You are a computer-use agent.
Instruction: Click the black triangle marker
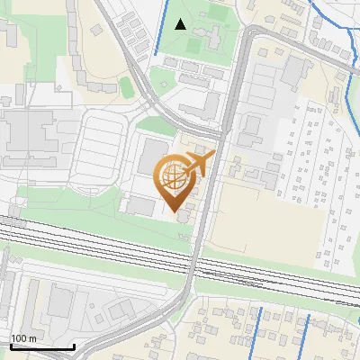pos(181,24)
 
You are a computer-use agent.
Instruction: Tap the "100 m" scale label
pos(23,338)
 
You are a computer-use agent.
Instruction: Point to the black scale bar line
pos(41,346)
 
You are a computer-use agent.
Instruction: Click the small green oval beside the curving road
pos(125,85)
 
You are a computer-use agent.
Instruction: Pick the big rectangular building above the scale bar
pos(61,301)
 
